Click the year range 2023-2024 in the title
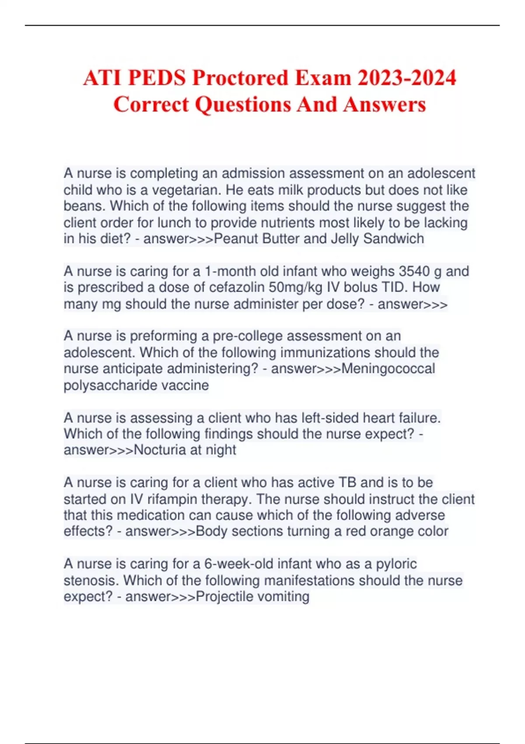[407, 78]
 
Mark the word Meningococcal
[388, 368]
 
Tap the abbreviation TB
[348, 482]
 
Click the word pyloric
[396, 564]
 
